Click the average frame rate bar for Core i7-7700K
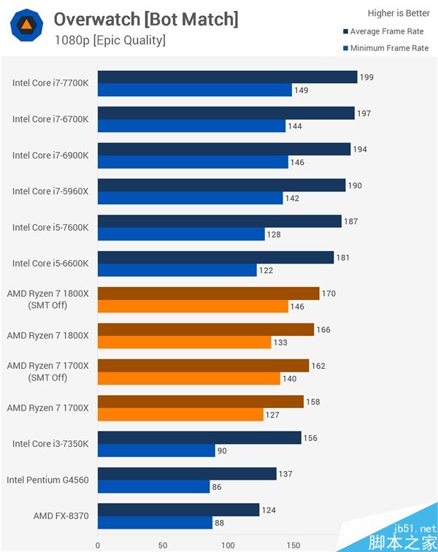click(x=227, y=77)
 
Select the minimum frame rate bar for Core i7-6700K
click(x=191, y=126)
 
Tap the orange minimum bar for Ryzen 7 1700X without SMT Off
click(x=180, y=414)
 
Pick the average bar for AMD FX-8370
click(x=178, y=510)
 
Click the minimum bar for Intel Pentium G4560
click(x=153, y=486)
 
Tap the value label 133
click(x=280, y=342)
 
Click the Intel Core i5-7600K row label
click(x=50, y=227)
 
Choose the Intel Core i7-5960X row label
click(x=50, y=191)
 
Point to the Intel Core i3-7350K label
click(x=50, y=443)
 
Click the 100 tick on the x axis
click(x=228, y=544)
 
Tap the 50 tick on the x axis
click(x=163, y=544)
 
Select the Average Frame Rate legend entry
click(x=385, y=31)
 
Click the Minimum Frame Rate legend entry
click(x=385, y=48)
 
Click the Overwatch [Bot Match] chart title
click(x=146, y=19)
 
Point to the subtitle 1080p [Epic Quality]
click(x=109, y=39)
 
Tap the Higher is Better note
click(x=398, y=13)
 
